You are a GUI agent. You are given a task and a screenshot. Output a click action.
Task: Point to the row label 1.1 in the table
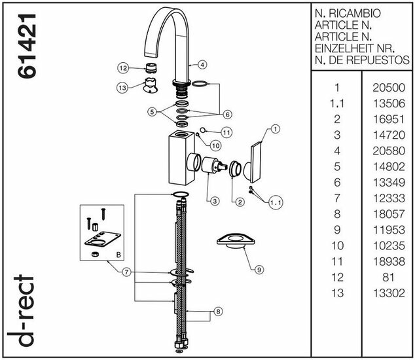pos(338,103)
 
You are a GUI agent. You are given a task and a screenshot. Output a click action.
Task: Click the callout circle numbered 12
pos(122,67)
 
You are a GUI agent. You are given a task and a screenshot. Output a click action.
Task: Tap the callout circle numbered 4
pos(203,65)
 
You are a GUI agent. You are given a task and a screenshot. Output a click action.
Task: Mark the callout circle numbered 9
pos(259,268)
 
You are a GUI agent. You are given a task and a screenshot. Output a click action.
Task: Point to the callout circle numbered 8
pos(218,312)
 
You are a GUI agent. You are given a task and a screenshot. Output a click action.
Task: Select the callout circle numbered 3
pos(215,201)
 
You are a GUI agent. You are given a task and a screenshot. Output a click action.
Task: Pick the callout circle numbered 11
pos(226,132)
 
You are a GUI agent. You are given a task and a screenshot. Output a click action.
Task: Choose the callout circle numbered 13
pos(122,87)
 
